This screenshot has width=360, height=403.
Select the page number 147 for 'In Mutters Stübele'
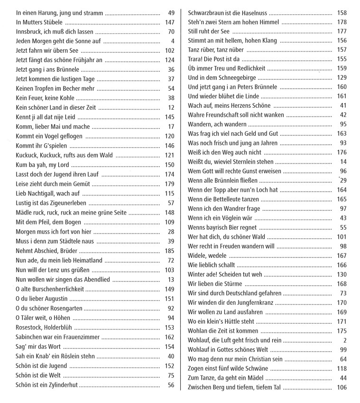(170, 22)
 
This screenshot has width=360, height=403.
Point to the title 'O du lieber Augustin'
(42, 299)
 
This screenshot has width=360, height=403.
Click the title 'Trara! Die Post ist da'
(214, 59)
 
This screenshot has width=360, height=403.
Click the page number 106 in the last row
(342, 387)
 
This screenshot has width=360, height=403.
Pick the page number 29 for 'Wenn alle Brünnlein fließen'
(343, 180)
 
